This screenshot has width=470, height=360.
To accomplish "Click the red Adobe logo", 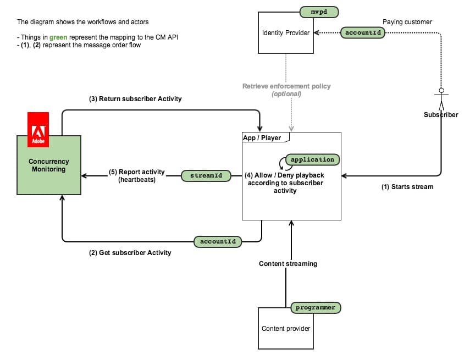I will pos(38,130).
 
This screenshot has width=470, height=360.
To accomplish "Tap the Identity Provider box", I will pos(286,33).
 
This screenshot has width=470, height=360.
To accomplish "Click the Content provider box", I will pos(286,329).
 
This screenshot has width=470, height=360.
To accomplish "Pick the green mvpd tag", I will pos(319,11).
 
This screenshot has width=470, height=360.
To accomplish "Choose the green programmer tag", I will pos(315,308).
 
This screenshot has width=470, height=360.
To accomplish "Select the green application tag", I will pos(312,159).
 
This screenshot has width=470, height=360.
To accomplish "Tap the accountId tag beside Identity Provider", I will pos(363,32).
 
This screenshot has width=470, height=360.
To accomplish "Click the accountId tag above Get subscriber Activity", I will pos(218,241).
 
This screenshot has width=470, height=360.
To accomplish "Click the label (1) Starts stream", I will pos(407,187).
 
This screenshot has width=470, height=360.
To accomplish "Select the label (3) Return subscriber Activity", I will pos(135,99).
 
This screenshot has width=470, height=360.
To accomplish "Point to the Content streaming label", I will pos(288,264).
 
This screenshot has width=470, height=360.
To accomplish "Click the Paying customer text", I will pos(407,22).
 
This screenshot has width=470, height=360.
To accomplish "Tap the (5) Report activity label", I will pos(141,172).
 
